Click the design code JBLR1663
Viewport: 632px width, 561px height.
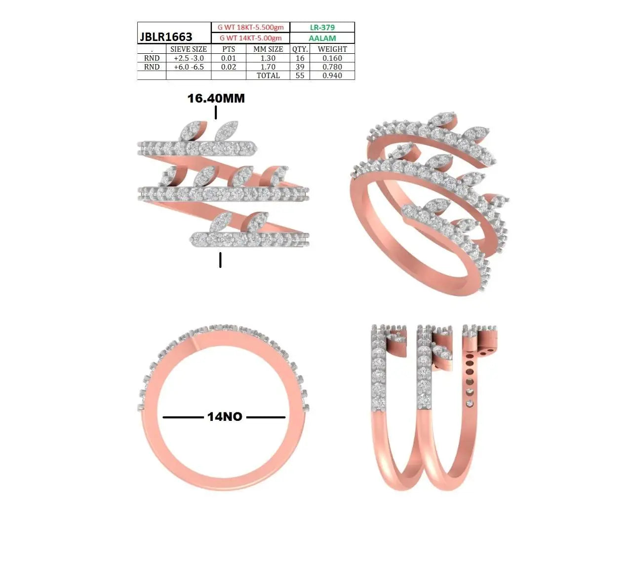point(165,37)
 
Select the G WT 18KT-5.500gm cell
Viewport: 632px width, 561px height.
point(250,28)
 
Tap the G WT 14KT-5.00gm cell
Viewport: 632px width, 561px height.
point(250,38)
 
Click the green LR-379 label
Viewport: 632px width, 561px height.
point(322,28)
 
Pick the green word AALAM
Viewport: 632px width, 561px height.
point(322,38)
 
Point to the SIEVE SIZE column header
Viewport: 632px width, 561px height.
point(189,49)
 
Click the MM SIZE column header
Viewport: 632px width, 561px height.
point(268,49)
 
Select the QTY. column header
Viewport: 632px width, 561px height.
point(300,49)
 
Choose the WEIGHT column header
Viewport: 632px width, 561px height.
point(332,49)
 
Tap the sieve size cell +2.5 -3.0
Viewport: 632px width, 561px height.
point(189,58)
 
